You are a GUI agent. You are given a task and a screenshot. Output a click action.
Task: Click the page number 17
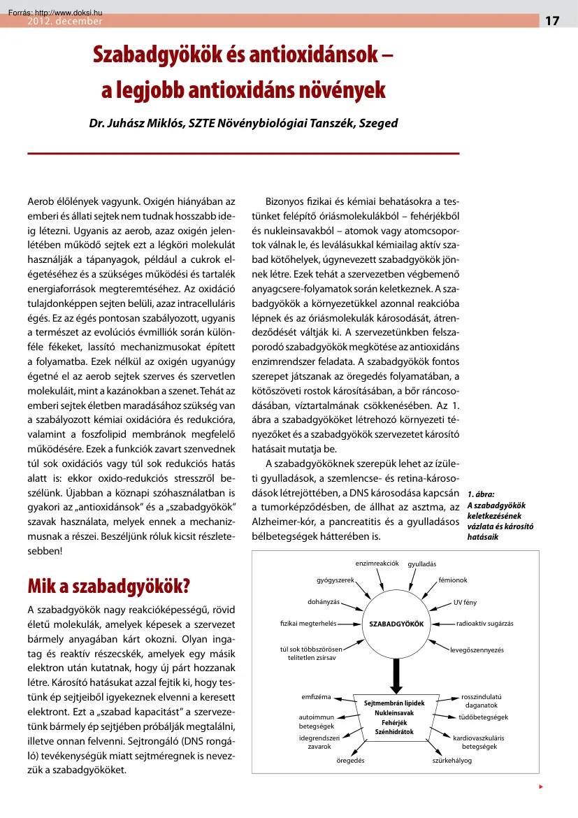pos(552,21)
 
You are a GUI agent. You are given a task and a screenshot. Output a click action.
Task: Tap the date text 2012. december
pos(64,22)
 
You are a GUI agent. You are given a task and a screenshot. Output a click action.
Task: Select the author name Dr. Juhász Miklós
pos(131,123)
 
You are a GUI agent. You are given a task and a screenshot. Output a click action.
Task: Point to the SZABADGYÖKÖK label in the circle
pos(397,624)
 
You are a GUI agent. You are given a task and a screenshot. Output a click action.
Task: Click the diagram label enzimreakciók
pos(377,563)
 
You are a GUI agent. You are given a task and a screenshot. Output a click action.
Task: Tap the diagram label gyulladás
pos(422,564)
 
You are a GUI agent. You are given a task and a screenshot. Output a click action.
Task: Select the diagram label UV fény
pos(465,602)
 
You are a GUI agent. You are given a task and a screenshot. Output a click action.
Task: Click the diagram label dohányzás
pos(324,601)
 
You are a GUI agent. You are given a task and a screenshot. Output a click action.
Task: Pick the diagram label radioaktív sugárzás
pos(484,623)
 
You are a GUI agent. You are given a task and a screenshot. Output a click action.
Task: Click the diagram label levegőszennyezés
pos(477,650)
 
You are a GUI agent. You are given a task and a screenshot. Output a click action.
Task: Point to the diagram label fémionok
pos(453,580)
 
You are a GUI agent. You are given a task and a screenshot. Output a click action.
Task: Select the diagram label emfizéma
pos(315,697)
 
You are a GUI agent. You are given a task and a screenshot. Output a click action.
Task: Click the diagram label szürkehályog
pos(452,760)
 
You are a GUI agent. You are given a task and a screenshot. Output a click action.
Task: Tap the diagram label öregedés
pos(342,760)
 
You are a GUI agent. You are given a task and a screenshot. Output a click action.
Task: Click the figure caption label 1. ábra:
pos(481,494)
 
